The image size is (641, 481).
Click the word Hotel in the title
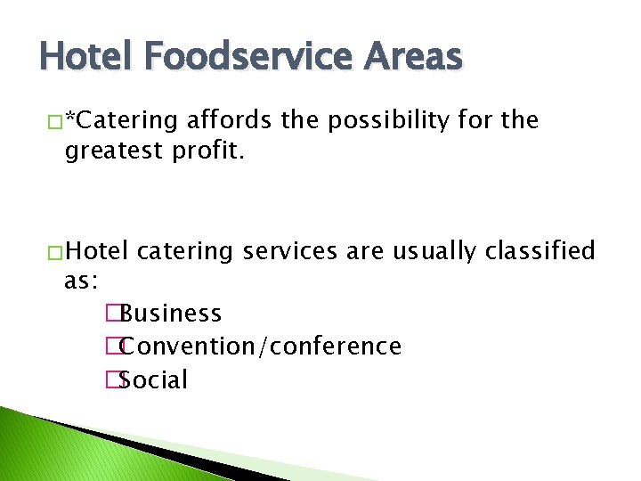click(82, 57)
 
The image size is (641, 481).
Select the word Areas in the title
click(412, 57)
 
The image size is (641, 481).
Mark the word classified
click(540, 251)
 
